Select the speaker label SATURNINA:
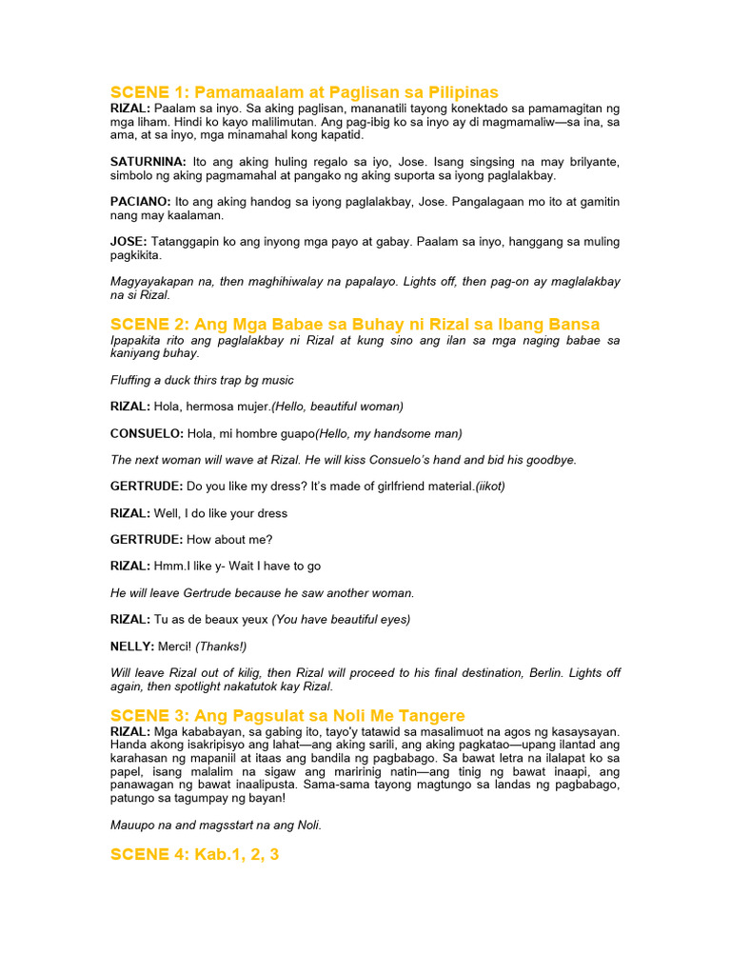click(147, 163)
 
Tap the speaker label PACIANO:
click(141, 202)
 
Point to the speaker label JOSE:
click(128, 242)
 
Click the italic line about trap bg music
click(202, 380)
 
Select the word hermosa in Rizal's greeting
click(212, 407)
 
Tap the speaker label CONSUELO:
click(147, 433)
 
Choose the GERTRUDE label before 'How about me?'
click(147, 539)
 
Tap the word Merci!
click(175, 646)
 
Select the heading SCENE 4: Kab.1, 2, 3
click(194, 854)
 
